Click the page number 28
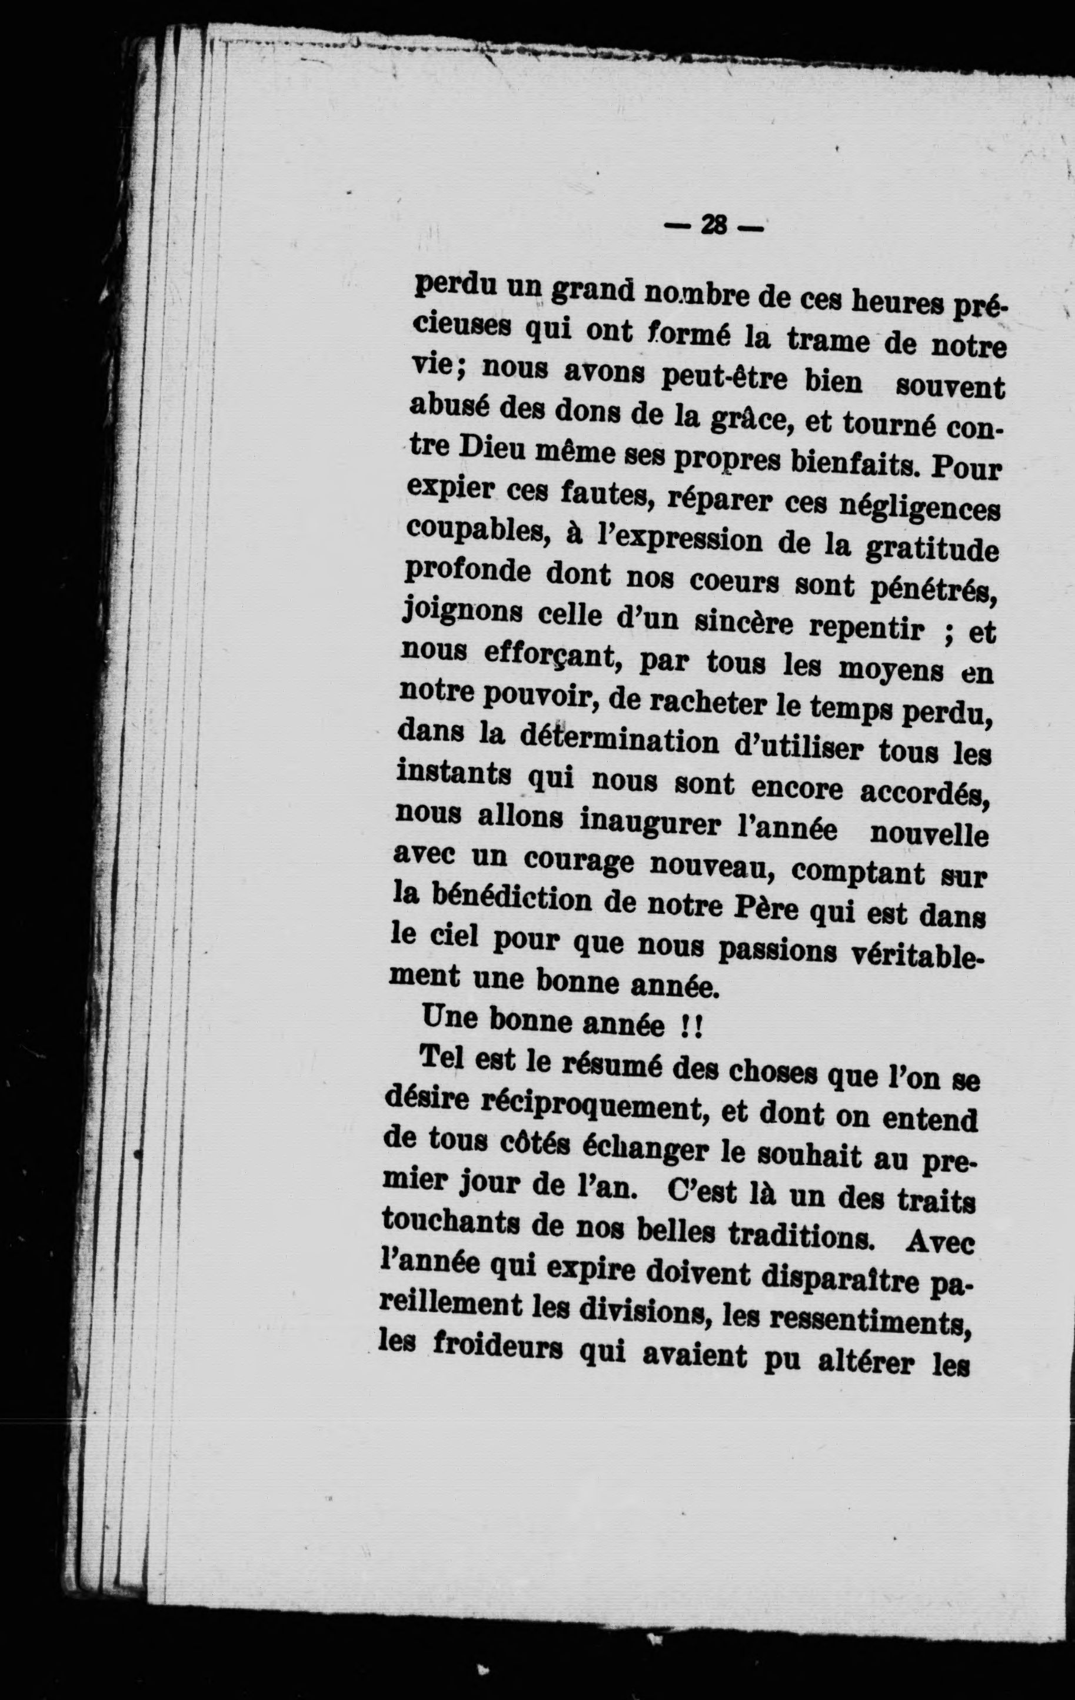[714, 227]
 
